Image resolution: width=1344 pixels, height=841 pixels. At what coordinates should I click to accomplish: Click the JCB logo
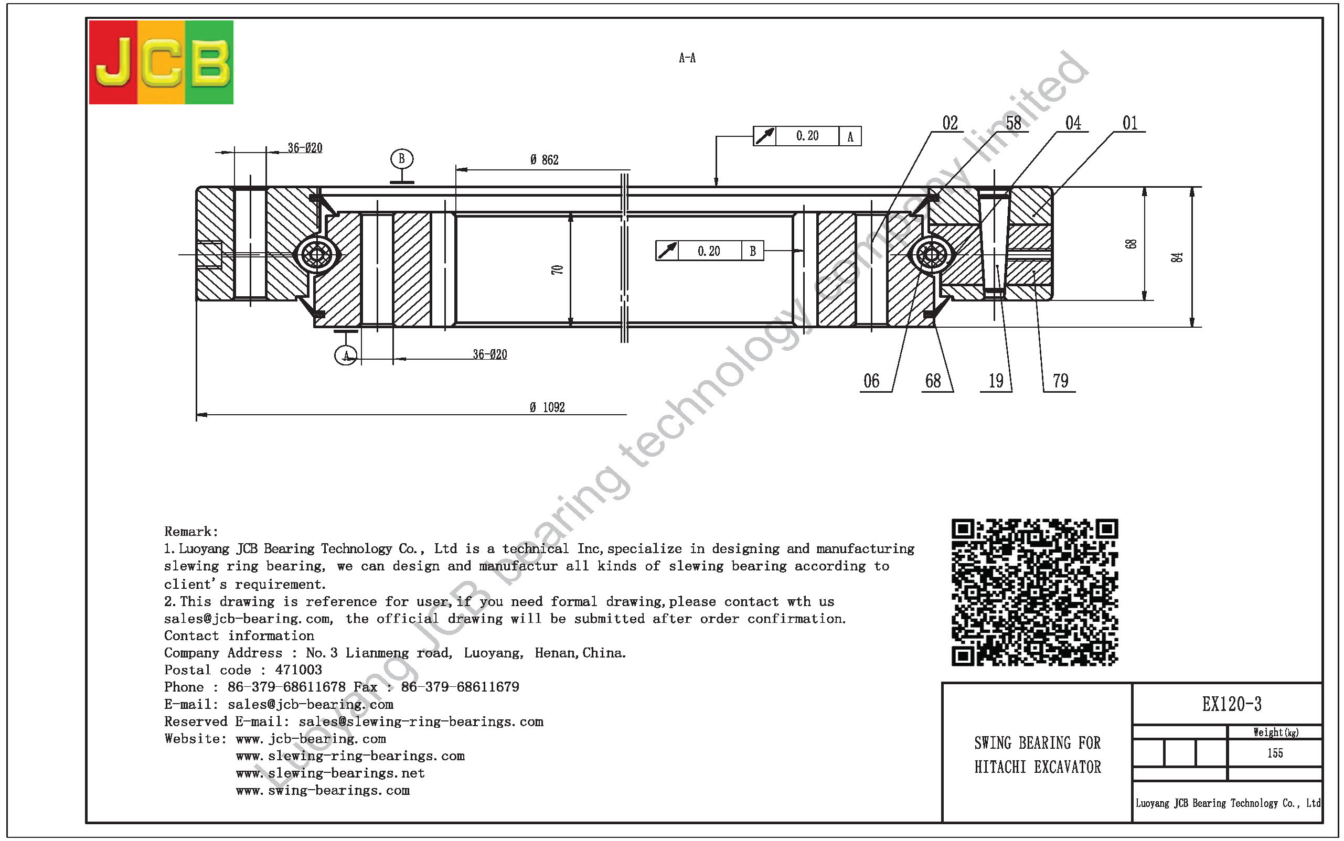(x=161, y=62)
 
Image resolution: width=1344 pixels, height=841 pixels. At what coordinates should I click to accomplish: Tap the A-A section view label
(x=687, y=58)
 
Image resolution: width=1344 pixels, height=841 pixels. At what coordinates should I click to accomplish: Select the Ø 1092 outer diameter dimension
(x=547, y=408)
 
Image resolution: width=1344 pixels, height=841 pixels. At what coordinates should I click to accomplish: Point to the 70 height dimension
(x=557, y=270)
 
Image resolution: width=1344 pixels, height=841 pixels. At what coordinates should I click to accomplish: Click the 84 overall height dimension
(x=1177, y=257)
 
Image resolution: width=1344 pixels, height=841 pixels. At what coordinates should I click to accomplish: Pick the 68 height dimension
(x=1130, y=244)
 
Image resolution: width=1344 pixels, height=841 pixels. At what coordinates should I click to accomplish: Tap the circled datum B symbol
(x=402, y=159)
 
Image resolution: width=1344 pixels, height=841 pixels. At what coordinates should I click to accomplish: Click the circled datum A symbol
(x=346, y=355)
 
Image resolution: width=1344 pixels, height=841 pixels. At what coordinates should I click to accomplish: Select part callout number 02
(x=950, y=123)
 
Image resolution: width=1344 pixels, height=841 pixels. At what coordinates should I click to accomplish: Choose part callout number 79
(x=1060, y=381)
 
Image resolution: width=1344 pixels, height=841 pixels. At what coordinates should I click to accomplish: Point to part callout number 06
(x=871, y=381)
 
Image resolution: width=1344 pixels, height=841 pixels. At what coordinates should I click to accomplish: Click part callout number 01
(x=1130, y=123)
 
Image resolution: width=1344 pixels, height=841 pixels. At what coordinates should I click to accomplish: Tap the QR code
(x=1034, y=592)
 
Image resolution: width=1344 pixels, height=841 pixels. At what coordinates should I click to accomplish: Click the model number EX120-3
(x=1232, y=704)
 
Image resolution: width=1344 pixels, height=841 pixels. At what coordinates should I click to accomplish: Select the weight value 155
(x=1275, y=753)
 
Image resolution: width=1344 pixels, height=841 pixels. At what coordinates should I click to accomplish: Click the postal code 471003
(x=298, y=670)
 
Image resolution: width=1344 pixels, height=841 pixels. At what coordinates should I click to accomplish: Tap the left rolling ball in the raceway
(x=316, y=255)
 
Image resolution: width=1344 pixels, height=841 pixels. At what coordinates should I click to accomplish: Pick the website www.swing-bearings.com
(x=323, y=790)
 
